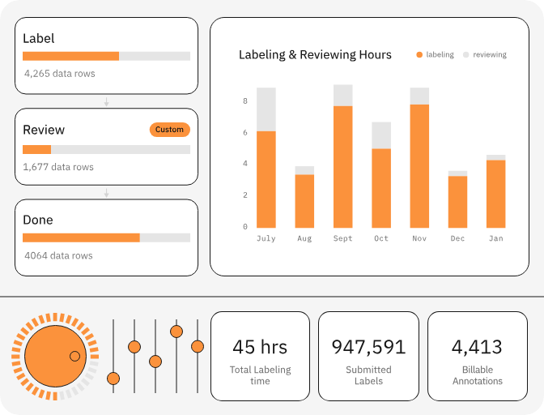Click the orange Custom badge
(x=169, y=130)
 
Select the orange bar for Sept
(x=342, y=166)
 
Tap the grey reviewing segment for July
(x=266, y=109)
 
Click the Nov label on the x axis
(x=419, y=239)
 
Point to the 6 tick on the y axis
(x=244, y=132)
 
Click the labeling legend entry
(x=435, y=55)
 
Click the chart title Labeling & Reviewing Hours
(x=315, y=55)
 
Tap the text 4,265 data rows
(x=59, y=74)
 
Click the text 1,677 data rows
(x=58, y=167)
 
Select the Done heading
(x=38, y=220)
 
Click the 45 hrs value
(x=260, y=347)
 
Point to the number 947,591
(x=368, y=347)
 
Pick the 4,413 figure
(x=477, y=347)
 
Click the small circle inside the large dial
(x=74, y=356)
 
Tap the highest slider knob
(x=176, y=331)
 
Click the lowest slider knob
(x=113, y=379)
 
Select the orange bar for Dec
(x=457, y=201)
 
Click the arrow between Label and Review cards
(x=106, y=102)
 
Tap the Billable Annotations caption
(x=477, y=375)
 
